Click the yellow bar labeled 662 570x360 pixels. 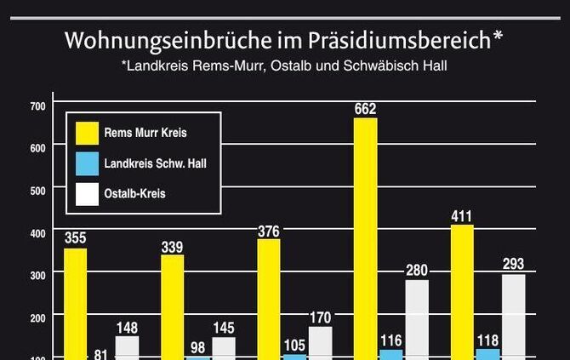tap(365, 238)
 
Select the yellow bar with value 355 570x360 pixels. tap(76, 304)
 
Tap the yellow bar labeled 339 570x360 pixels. tap(173, 306)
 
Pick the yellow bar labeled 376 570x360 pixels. tap(269, 299)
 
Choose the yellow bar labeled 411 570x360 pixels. tap(462, 292)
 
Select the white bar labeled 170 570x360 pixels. tap(321, 343)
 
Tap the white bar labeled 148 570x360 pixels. tap(128, 348)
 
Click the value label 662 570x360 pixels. tap(365, 109)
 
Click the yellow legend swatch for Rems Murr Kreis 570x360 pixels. tap(87, 133)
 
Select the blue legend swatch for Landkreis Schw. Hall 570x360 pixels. tap(87, 163)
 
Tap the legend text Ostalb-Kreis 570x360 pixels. tap(134, 194)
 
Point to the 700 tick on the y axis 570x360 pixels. tap(37, 106)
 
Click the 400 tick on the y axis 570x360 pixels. tap(37, 231)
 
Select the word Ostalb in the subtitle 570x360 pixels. tap(301, 66)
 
